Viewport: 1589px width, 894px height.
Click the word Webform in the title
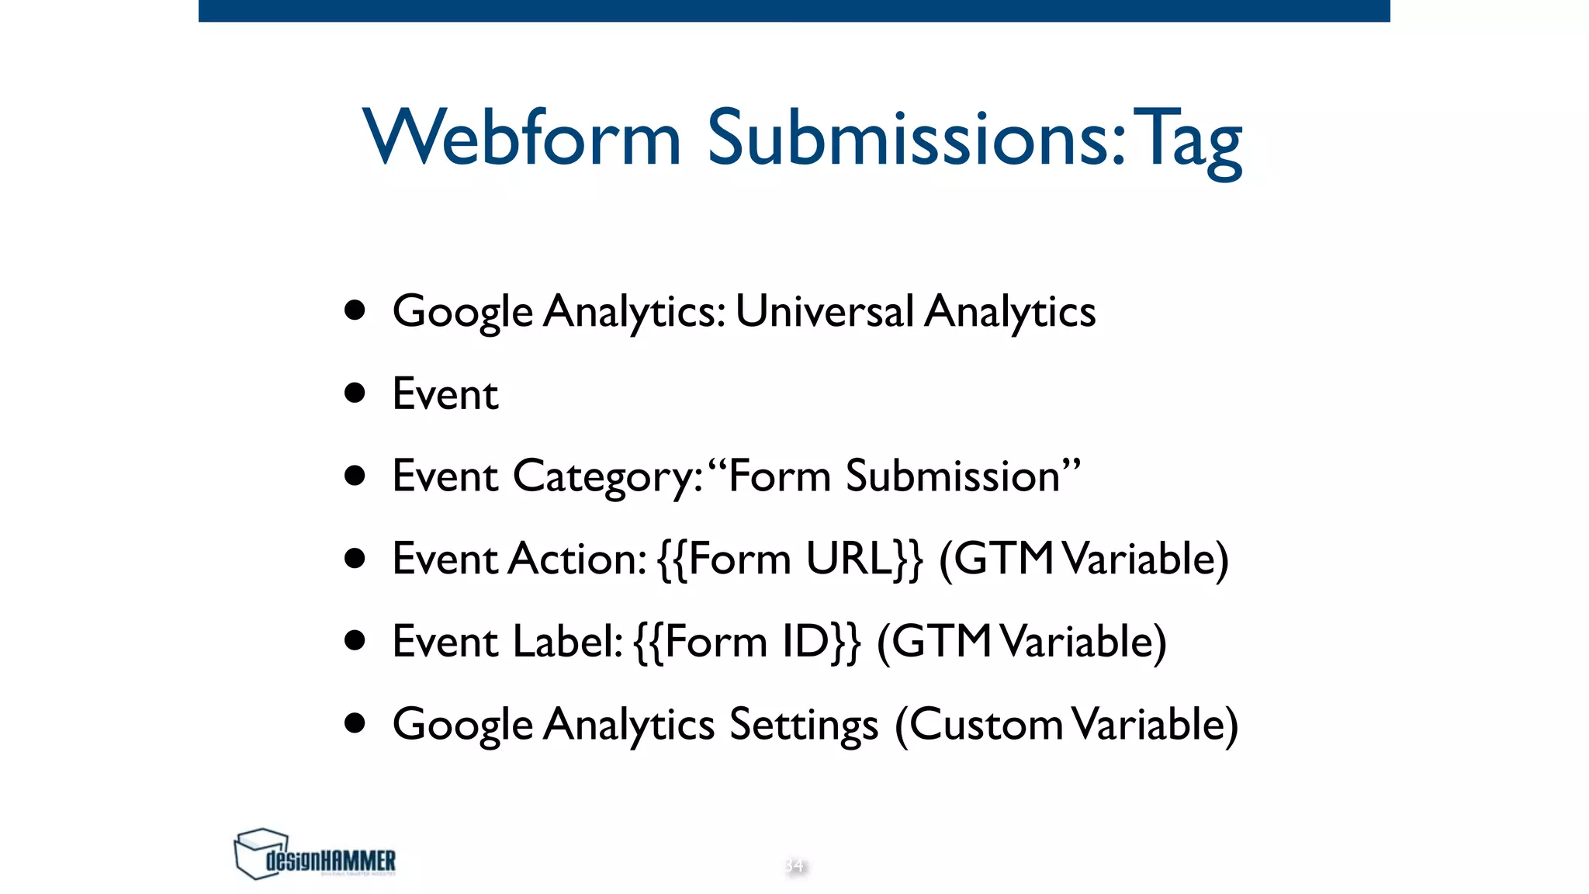(521, 137)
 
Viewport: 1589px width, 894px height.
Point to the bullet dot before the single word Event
(355, 393)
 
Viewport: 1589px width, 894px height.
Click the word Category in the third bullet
(608, 476)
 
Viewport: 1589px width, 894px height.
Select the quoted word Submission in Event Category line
(953, 476)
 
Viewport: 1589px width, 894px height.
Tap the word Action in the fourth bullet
(577, 559)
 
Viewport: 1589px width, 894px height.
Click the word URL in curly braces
(850, 559)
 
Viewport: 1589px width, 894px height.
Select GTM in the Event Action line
(1003, 559)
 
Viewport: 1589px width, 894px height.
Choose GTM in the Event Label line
(941, 642)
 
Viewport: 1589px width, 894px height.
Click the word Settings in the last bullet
(804, 726)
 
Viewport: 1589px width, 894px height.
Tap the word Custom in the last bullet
(986, 725)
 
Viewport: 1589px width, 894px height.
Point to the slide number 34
(794, 865)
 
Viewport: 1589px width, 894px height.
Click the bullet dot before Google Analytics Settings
(355, 723)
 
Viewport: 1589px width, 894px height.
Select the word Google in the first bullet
(462, 312)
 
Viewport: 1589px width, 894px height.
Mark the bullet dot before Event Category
(355, 475)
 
